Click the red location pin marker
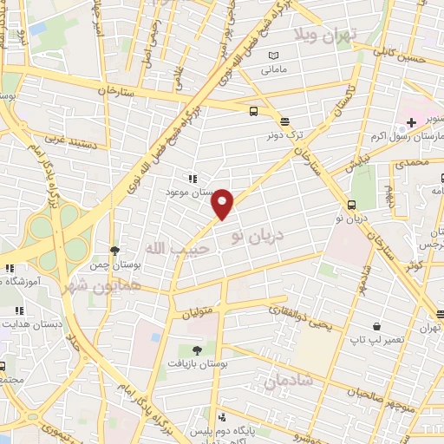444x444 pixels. [x=223, y=204]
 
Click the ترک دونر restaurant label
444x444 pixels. [x=285, y=135]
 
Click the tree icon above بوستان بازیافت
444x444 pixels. [x=197, y=350]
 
